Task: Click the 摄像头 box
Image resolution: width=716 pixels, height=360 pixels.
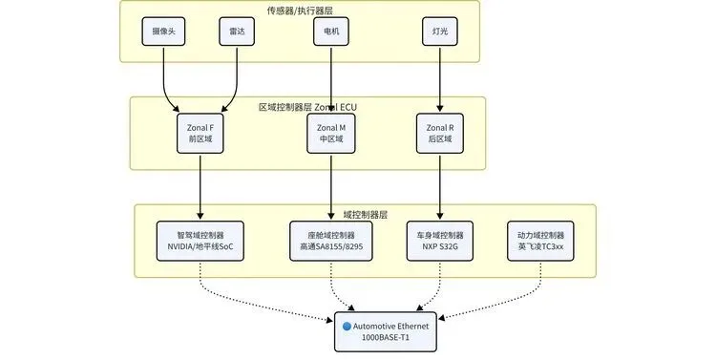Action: (x=163, y=32)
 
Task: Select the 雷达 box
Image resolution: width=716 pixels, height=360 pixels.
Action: (x=237, y=32)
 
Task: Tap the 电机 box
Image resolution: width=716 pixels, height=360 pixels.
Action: (x=331, y=32)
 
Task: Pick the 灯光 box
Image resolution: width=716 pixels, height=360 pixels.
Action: (x=440, y=32)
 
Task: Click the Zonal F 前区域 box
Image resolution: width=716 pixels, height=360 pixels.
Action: (x=200, y=134)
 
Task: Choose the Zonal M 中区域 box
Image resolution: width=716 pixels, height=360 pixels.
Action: (x=331, y=134)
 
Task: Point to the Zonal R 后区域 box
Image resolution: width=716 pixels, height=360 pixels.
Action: (x=440, y=134)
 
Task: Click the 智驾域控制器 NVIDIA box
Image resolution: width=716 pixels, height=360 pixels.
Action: (x=200, y=242)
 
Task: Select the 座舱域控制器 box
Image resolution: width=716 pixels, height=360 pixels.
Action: (x=331, y=242)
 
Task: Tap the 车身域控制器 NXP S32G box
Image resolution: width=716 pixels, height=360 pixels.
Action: (x=440, y=242)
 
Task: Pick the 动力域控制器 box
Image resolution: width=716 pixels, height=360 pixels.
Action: (x=540, y=242)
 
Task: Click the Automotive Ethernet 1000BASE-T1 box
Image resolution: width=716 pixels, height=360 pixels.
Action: (x=386, y=331)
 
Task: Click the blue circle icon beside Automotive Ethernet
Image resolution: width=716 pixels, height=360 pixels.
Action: (x=347, y=327)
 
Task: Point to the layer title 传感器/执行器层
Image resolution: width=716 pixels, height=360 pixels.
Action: (x=300, y=11)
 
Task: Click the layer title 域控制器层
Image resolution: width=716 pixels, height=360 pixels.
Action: (x=366, y=215)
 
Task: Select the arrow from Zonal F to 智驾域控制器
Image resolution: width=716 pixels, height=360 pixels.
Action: (x=200, y=187)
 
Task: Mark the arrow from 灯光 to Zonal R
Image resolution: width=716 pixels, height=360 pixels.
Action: (x=440, y=79)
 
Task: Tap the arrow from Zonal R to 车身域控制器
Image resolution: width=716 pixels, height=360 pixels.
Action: (x=440, y=187)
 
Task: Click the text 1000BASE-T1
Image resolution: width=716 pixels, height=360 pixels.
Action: (x=386, y=338)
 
